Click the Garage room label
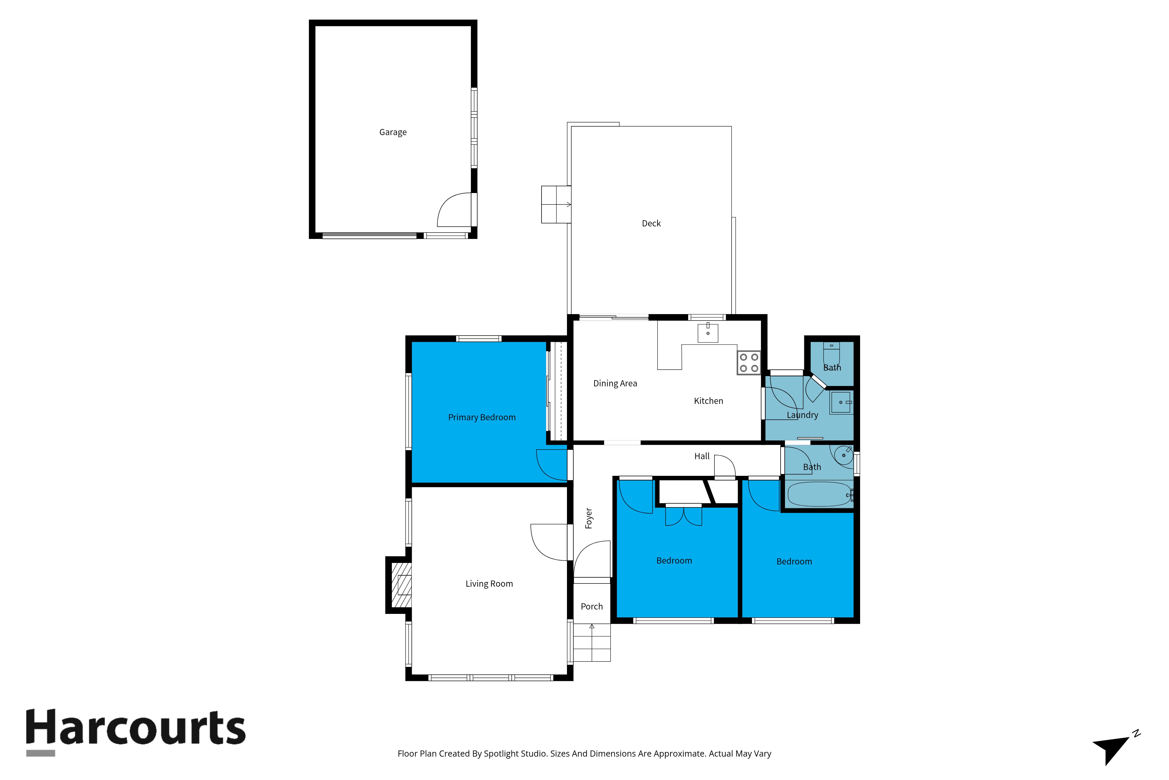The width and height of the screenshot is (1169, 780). pos(393,132)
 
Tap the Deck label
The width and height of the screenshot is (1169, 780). pos(651,223)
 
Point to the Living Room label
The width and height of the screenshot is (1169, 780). pos(489,583)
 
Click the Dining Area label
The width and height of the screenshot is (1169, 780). pos(615,383)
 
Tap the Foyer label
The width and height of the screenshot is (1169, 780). pos(589,518)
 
